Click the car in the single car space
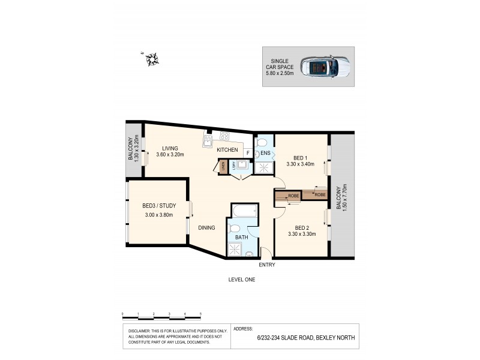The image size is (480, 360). point(323,67)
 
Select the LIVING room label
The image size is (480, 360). point(172,148)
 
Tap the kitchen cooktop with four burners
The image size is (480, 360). point(225,136)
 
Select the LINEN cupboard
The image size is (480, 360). point(223,166)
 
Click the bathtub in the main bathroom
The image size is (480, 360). point(242,211)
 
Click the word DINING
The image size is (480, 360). point(208,227)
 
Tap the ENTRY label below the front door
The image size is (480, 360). point(267,264)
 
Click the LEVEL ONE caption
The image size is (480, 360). point(241,280)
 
